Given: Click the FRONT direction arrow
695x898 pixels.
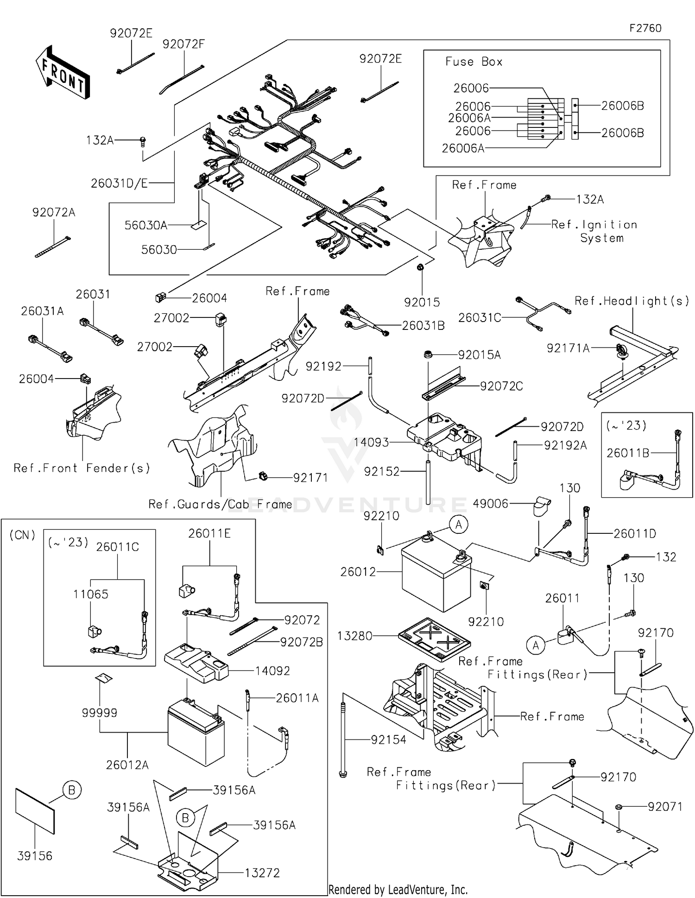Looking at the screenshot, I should click(63, 72).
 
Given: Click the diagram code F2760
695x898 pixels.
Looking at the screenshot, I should click(645, 28).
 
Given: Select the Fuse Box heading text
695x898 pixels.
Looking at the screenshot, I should click(474, 62).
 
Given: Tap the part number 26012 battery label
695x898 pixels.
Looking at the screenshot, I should click(358, 572).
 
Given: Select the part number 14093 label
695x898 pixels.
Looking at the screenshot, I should click(371, 443).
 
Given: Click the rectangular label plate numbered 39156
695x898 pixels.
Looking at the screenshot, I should click(35, 811).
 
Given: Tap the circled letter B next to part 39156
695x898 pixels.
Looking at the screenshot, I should click(72, 790).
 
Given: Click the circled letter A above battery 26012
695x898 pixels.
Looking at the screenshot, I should click(459, 525).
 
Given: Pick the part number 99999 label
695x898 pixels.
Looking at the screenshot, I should click(99, 713).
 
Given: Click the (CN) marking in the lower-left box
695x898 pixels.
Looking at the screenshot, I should click(22, 535).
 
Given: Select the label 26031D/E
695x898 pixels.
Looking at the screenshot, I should click(119, 183).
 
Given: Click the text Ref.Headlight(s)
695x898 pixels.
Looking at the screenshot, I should click(632, 301).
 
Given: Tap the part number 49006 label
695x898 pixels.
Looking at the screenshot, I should click(490, 504).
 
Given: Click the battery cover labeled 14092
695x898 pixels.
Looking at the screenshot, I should click(196, 664).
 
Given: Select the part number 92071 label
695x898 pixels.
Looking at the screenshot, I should click(665, 807).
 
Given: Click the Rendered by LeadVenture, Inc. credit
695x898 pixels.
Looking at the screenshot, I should click(398, 889).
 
